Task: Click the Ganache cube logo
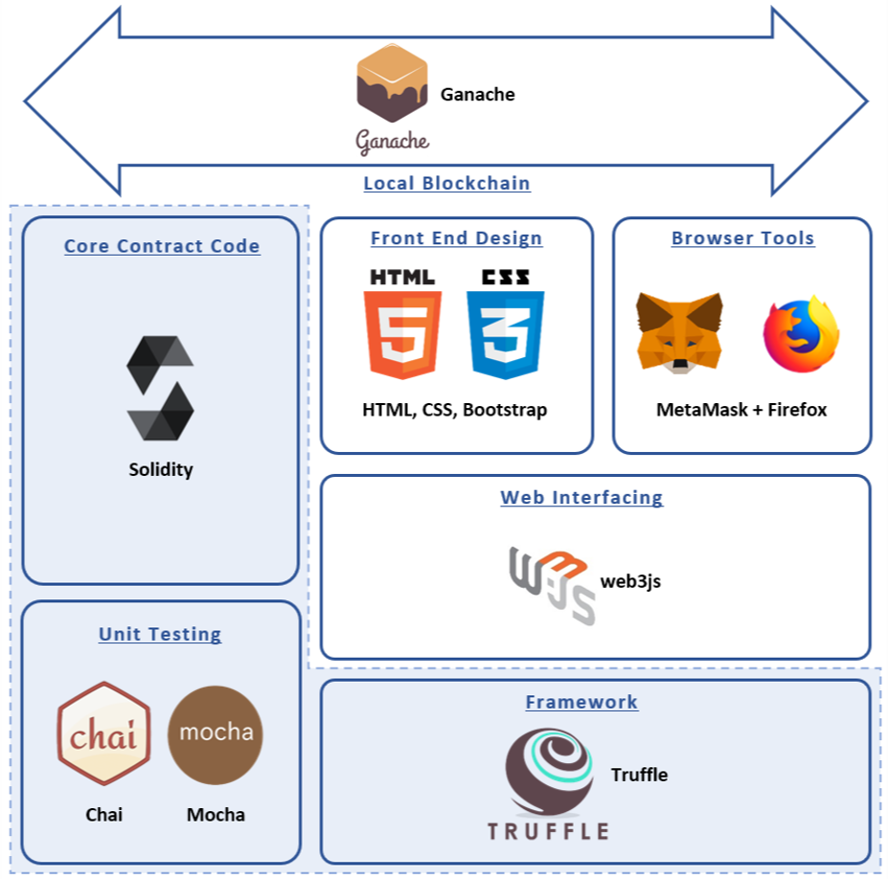(392, 82)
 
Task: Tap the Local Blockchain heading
(446, 184)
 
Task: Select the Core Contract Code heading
(162, 246)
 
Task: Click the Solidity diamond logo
(160, 389)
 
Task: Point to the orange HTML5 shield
(402, 334)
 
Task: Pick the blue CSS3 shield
(505, 334)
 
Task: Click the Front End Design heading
(457, 238)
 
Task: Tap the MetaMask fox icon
(679, 333)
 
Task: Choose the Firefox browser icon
(802, 334)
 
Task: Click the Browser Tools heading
(743, 238)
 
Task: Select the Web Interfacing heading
(581, 498)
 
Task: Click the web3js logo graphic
(552, 586)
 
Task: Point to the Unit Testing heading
(160, 634)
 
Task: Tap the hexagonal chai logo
(103, 733)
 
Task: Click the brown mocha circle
(216, 735)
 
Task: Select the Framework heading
(581, 702)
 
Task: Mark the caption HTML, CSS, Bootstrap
(455, 410)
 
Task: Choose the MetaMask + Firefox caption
(741, 410)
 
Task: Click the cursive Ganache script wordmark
(392, 141)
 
